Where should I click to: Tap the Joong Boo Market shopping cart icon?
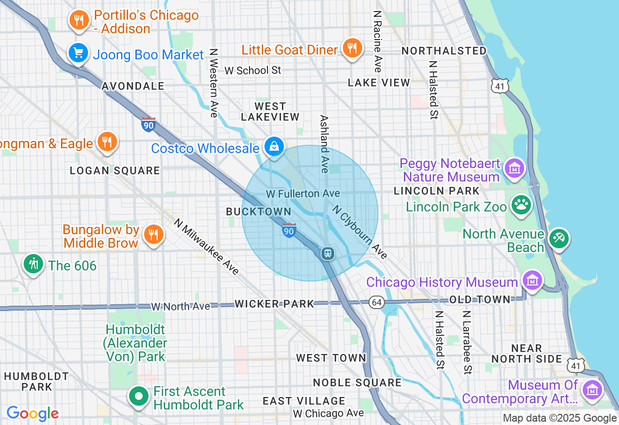click(x=77, y=53)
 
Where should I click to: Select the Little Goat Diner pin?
click(x=353, y=48)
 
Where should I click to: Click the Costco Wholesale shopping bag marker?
click(x=274, y=146)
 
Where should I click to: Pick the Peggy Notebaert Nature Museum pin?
click(x=515, y=169)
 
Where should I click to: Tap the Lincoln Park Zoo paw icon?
click(x=521, y=205)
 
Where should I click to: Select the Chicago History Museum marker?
click(x=532, y=280)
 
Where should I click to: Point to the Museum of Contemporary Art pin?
click(x=592, y=389)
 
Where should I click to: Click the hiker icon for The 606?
click(x=33, y=265)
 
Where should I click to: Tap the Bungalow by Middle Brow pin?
click(x=154, y=235)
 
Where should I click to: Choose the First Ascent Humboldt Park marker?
click(x=139, y=397)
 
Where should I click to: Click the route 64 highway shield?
click(x=377, y=303)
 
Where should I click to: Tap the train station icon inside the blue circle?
click(x=327, y=253)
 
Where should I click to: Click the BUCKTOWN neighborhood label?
click(x=259, y=212)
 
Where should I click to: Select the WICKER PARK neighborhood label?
click(x=274, y=304)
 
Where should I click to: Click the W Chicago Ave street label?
click(x=328, y=413)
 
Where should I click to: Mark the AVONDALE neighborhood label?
click(x=133, y=86)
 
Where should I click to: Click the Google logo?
click(x=32, y=413)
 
